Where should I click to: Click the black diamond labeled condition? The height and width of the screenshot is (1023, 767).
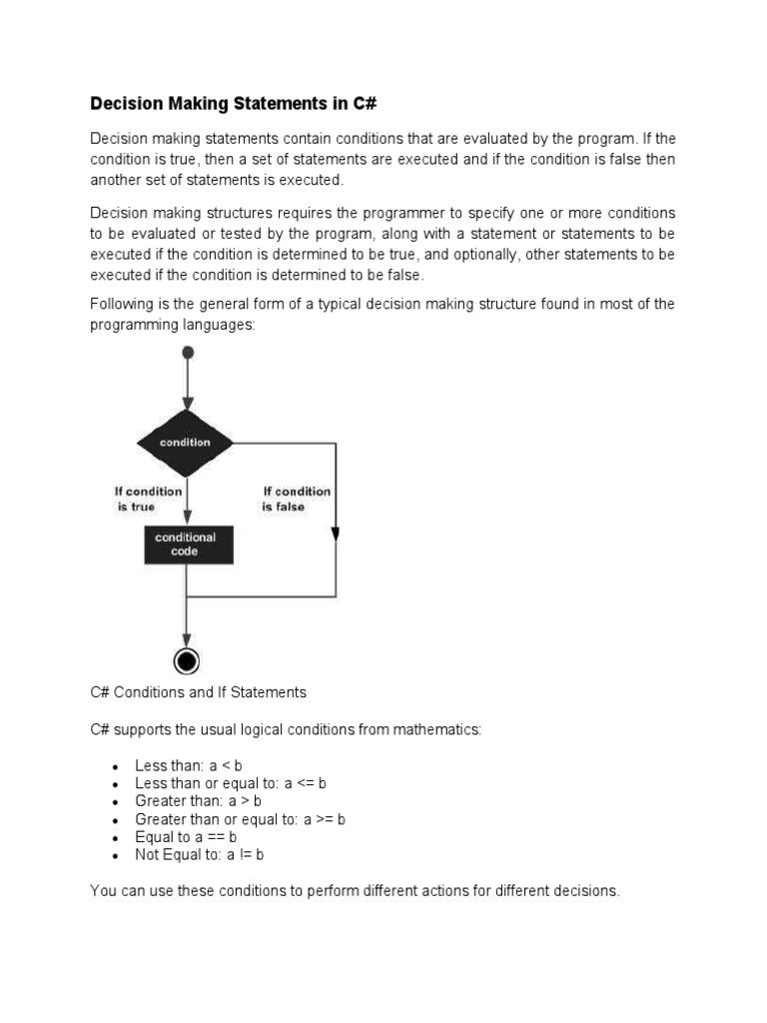tap(186, 442)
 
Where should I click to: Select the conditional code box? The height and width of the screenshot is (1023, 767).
tap(186, 544)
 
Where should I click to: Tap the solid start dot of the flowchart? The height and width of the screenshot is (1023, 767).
tap(187, 353)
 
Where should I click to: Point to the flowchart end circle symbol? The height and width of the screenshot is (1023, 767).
tap(186, 660)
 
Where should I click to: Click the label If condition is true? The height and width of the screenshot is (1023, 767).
tap(148, 499)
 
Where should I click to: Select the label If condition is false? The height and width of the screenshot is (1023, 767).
tap(296, 499)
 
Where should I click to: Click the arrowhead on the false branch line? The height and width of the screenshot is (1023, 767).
tap(335, 534)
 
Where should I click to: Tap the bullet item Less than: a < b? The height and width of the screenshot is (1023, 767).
tap(189, 765)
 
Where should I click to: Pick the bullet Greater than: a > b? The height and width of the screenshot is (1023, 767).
tap(198, 801)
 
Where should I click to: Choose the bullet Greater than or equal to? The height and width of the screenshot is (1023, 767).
tap(240, 819)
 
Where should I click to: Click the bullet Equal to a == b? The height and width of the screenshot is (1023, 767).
tap(186, 837)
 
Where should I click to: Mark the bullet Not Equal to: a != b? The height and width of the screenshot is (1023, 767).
tap(199, 855)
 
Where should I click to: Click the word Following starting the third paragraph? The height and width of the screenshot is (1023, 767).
tap(120, 304)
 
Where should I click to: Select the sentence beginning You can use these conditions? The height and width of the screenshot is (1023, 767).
tap(355, 890)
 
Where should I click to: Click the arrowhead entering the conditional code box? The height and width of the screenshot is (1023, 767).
tap(186, 519)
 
